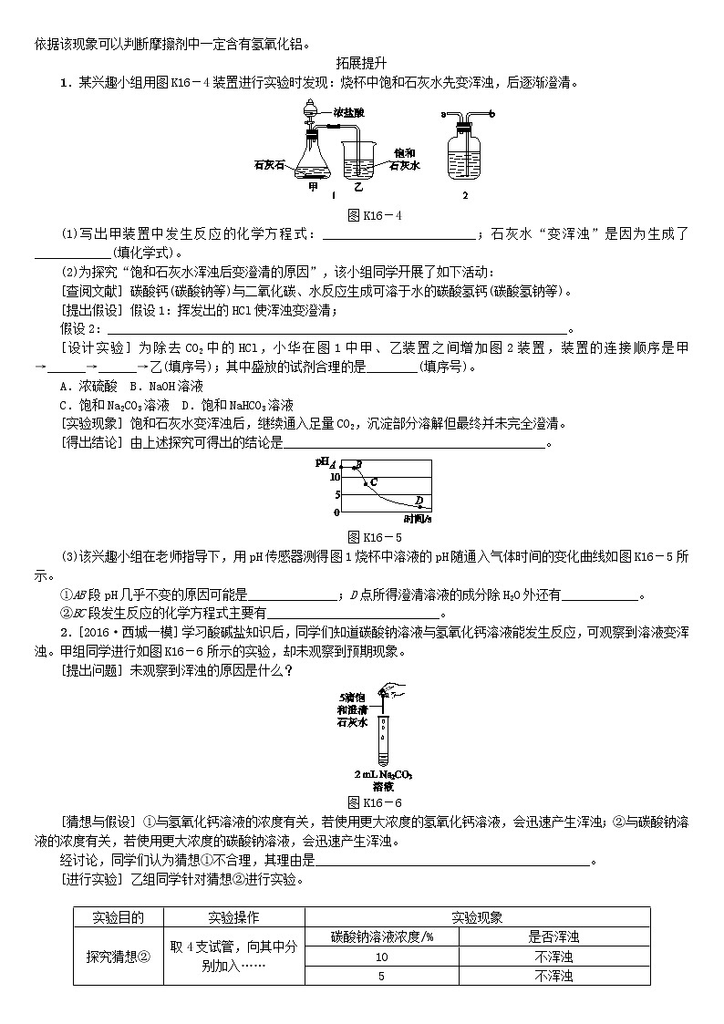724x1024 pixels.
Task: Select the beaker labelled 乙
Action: click(359, 160)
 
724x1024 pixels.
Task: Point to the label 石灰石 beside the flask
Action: click(270, 166)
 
